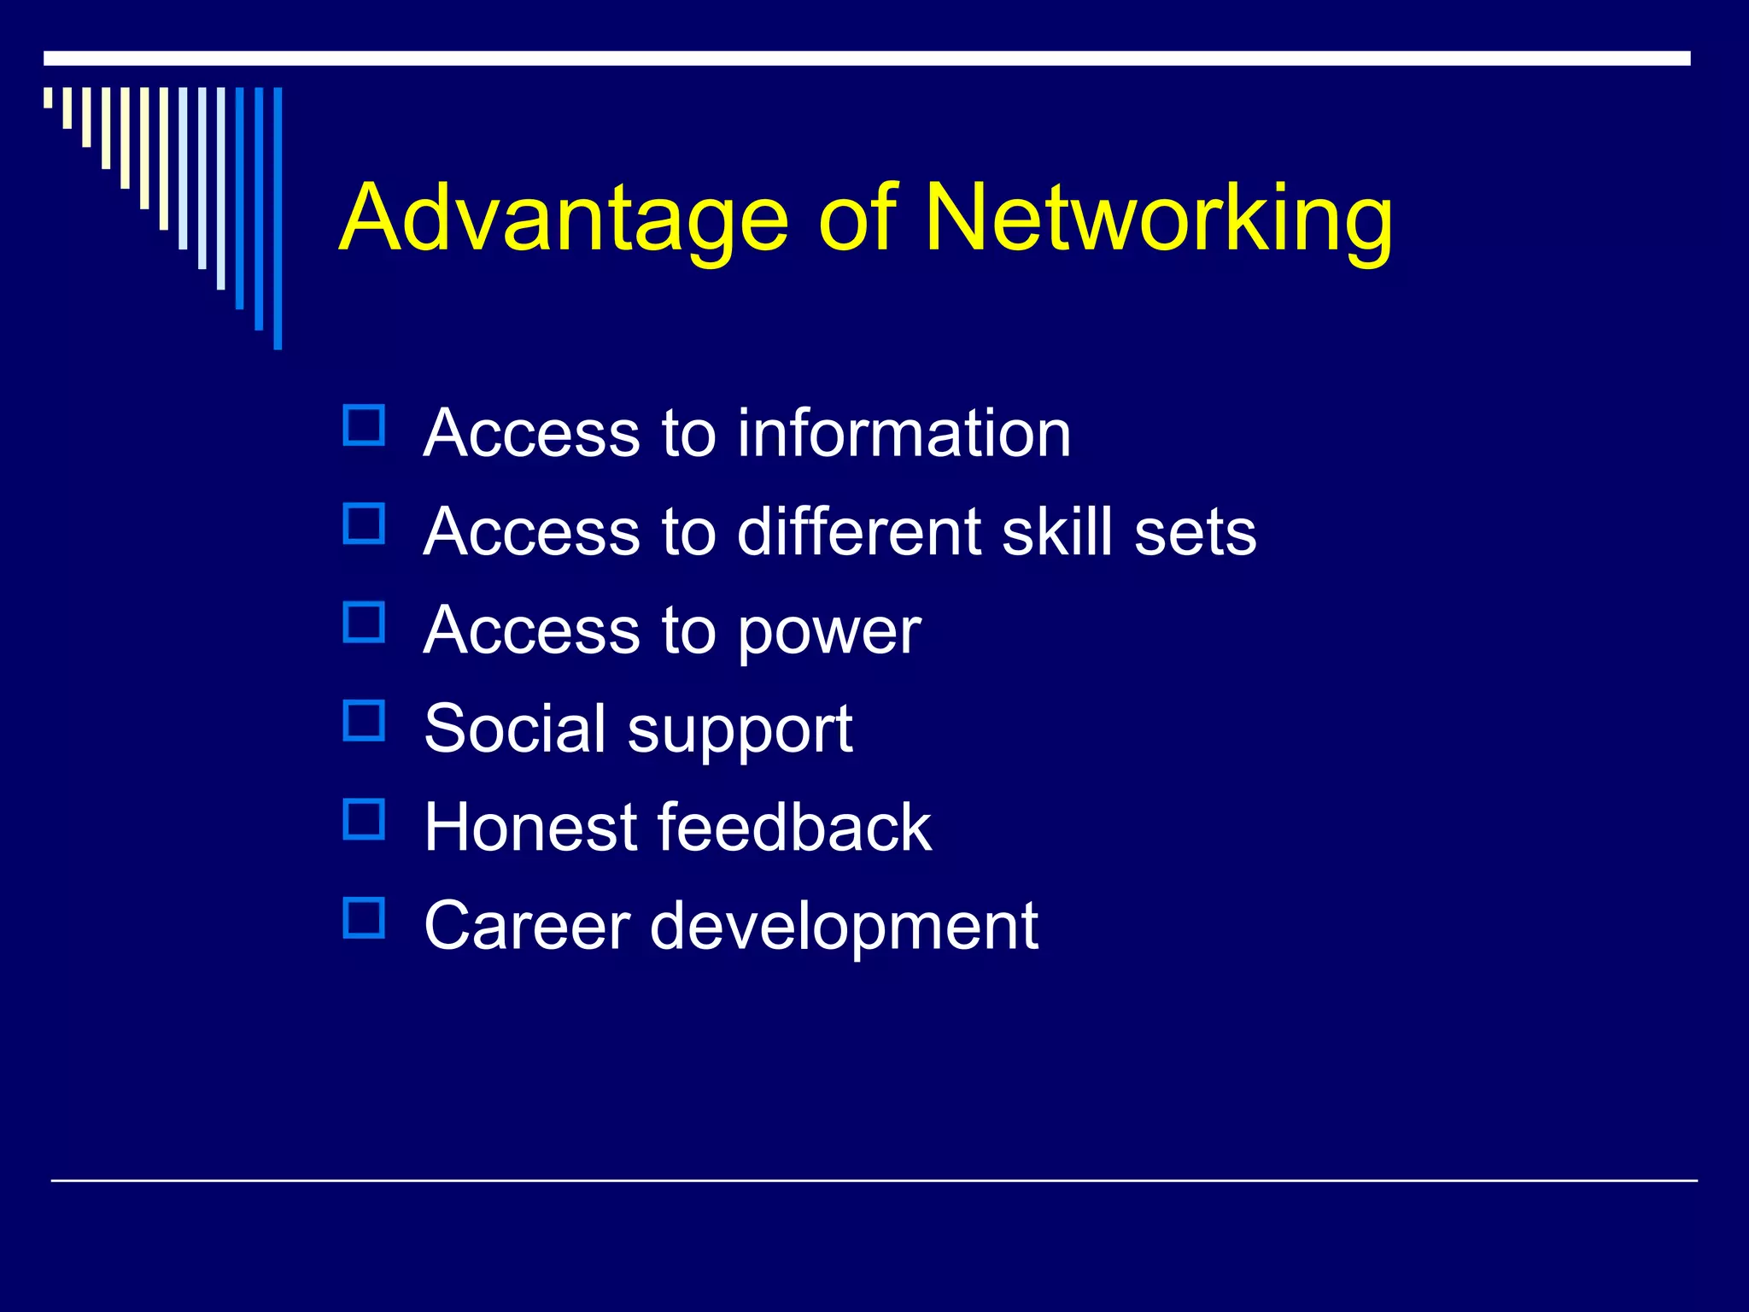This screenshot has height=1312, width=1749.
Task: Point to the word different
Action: tap(858, 531)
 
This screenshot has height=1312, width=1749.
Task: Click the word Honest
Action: tap(530, 827)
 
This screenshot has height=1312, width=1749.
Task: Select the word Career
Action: tap(527, 926)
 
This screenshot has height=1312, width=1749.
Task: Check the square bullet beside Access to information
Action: tap(365, 425)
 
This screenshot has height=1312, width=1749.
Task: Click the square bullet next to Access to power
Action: tap(365, 623)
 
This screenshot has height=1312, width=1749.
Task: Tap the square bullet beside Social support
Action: tap(365, 721)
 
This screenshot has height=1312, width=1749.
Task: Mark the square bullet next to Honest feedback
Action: tap(365, 819)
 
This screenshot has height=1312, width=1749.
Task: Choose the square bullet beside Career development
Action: tap(365, 918)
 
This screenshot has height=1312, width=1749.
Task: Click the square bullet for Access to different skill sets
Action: tap(365, 524)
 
